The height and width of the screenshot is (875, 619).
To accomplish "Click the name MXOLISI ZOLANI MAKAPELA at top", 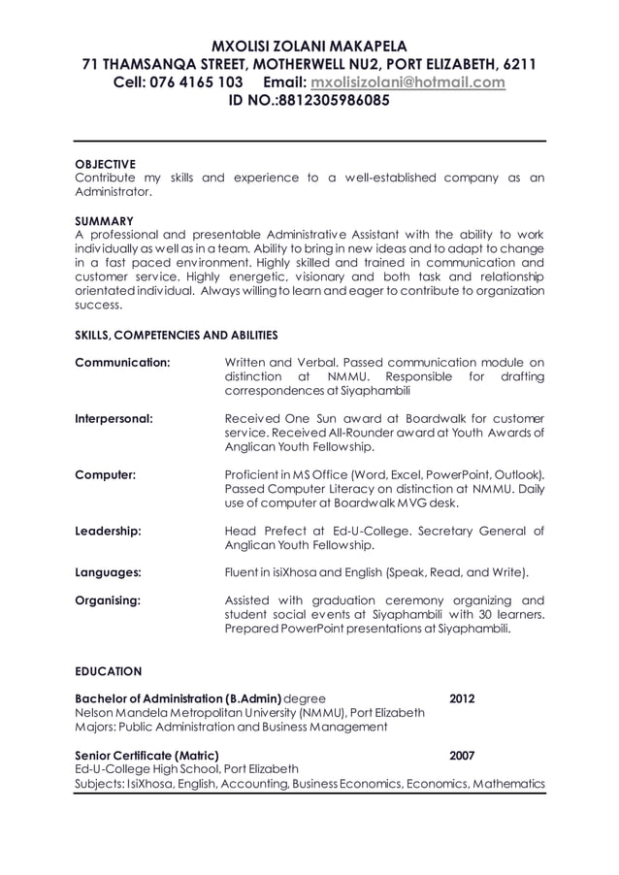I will [309, 46].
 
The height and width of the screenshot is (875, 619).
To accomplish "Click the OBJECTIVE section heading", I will [106, 163].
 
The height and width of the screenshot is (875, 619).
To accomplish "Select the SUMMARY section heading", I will [104, 220].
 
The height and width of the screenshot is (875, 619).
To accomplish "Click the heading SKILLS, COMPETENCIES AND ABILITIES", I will [177, 335].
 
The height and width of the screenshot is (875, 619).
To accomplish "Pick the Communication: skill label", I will [122, 363].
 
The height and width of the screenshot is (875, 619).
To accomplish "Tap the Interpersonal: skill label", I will [114, 419].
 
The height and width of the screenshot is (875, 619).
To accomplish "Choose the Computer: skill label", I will [105, 475].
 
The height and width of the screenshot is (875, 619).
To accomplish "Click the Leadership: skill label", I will [109, 532].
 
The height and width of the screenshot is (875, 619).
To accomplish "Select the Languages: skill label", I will [109, 572].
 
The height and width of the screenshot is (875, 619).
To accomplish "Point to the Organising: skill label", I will [108, 600].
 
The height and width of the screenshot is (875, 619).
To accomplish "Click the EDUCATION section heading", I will [109, 671].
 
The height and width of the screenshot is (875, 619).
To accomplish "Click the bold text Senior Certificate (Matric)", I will [147, 755].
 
